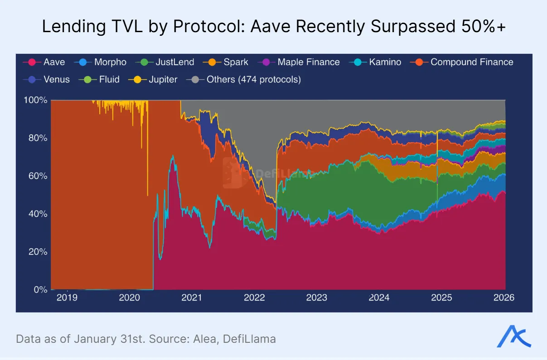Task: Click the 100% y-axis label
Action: tap(35, 100)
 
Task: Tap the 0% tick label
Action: tap(40, 289)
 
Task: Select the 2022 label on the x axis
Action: tap(254, 298)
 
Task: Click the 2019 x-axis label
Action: tap(67, 298)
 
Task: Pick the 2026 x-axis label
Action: tap(504, 298)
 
